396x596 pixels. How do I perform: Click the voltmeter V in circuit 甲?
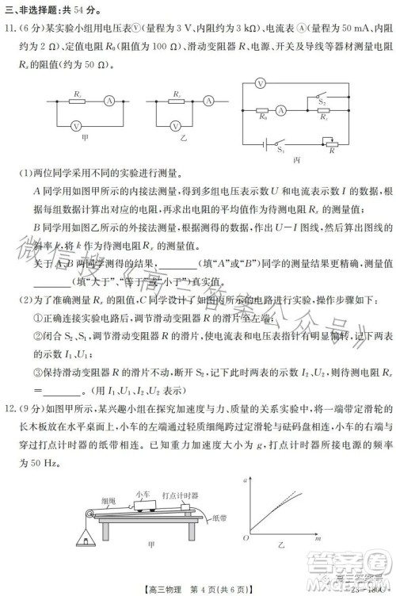(x=77, y=125)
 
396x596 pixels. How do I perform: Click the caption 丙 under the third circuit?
(x=296, y=159)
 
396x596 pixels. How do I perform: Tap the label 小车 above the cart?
(x=144, y=493)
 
